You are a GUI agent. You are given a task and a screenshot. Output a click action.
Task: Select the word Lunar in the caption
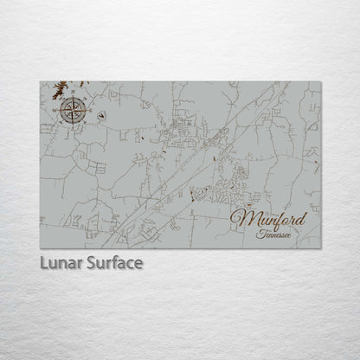[61, 261]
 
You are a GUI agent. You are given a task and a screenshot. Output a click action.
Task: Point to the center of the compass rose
[73, 111]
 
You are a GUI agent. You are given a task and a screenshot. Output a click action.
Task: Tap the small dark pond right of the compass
[104, 112]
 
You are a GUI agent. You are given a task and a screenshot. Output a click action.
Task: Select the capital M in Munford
[242, 216]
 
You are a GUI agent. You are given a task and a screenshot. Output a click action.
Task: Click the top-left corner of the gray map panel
[40, 79]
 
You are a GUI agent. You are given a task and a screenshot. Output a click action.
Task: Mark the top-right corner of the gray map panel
[320, 79]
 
